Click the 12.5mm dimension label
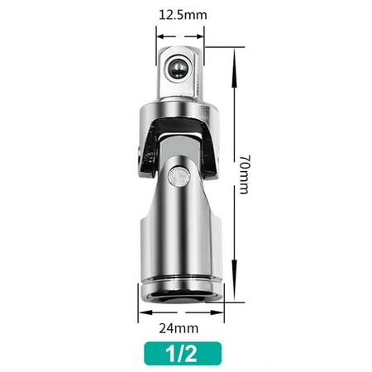click(183, 15)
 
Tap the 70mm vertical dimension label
click(245, 174)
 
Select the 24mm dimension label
click(179, 328)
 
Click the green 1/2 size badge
click(183, 354)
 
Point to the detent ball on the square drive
click(177, 69)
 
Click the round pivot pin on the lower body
click(179, 176)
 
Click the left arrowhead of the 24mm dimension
click(145, 312)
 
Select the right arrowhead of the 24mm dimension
click(217, 312)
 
